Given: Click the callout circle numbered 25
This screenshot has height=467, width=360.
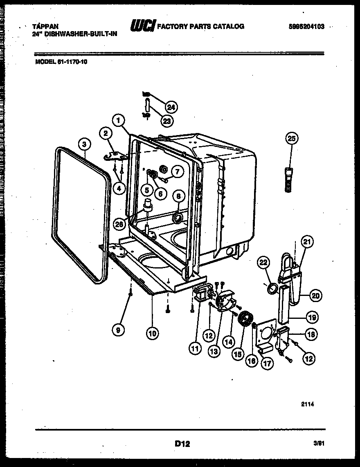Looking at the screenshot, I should tap(292, 138).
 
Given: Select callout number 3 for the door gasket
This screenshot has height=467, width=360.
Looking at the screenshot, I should tap(84, 144).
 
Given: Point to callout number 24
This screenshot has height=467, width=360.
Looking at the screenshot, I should tap(171, 107).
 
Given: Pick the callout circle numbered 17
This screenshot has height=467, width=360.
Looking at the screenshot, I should tap(268, 363).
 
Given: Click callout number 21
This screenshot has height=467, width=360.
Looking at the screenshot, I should tap(307, 242).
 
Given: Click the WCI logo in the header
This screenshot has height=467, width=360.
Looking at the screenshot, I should tap(142, 26).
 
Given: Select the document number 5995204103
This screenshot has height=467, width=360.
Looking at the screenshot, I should tap(306, 27).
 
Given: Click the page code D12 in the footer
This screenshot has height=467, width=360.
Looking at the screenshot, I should tap(182, 443).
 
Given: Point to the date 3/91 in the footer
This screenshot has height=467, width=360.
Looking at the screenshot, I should tap(319, 444).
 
